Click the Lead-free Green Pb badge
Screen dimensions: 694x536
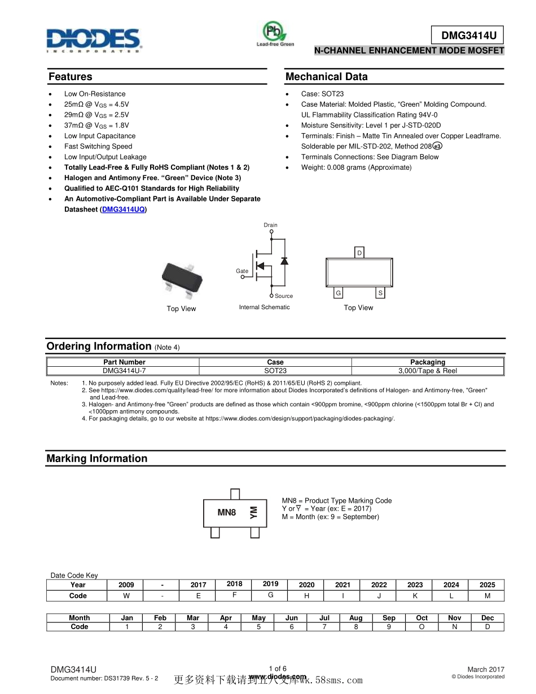pyautogui.click(x=275, y=33)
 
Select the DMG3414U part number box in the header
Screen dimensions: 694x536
pyautogui.click(x=468, y=36)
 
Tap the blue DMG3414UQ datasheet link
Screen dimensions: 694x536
pyautogui.click(x=124, y=209)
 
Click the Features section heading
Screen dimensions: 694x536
pyautogui.click(x=71, y=77)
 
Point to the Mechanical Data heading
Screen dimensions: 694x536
pyautogui.click(x=326, y=77)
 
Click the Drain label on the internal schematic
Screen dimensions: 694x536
pyautogui.click(x=271, y=225)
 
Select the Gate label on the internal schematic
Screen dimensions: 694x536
pyautogui.click(x=242, y=271)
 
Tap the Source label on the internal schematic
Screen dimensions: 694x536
pyautogui.click(x=284, y=296)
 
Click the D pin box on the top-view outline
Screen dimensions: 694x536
pyautogui.click(x=359, y=253)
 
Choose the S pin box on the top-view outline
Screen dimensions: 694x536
pyautogui.click(x=381, y=293)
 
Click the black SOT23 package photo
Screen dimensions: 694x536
pyautogui.click(x=182, y=278)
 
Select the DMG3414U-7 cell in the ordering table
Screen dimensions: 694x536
pyautogui.click(x=124, y=371)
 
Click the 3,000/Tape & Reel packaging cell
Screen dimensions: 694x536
pyautogui.click(x=427, y=371)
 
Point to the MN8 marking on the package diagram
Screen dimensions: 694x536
pyautogui.click(x=227, y=512)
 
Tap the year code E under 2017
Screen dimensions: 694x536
pyautogui.click(x=199, y=596)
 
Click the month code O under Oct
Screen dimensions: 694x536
pyautogui.click(x=421, y=627)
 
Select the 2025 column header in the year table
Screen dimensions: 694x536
pyautogui.click(x=487, y=585)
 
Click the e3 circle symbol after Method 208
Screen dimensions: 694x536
pyautogui.click(x=437, y=146)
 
